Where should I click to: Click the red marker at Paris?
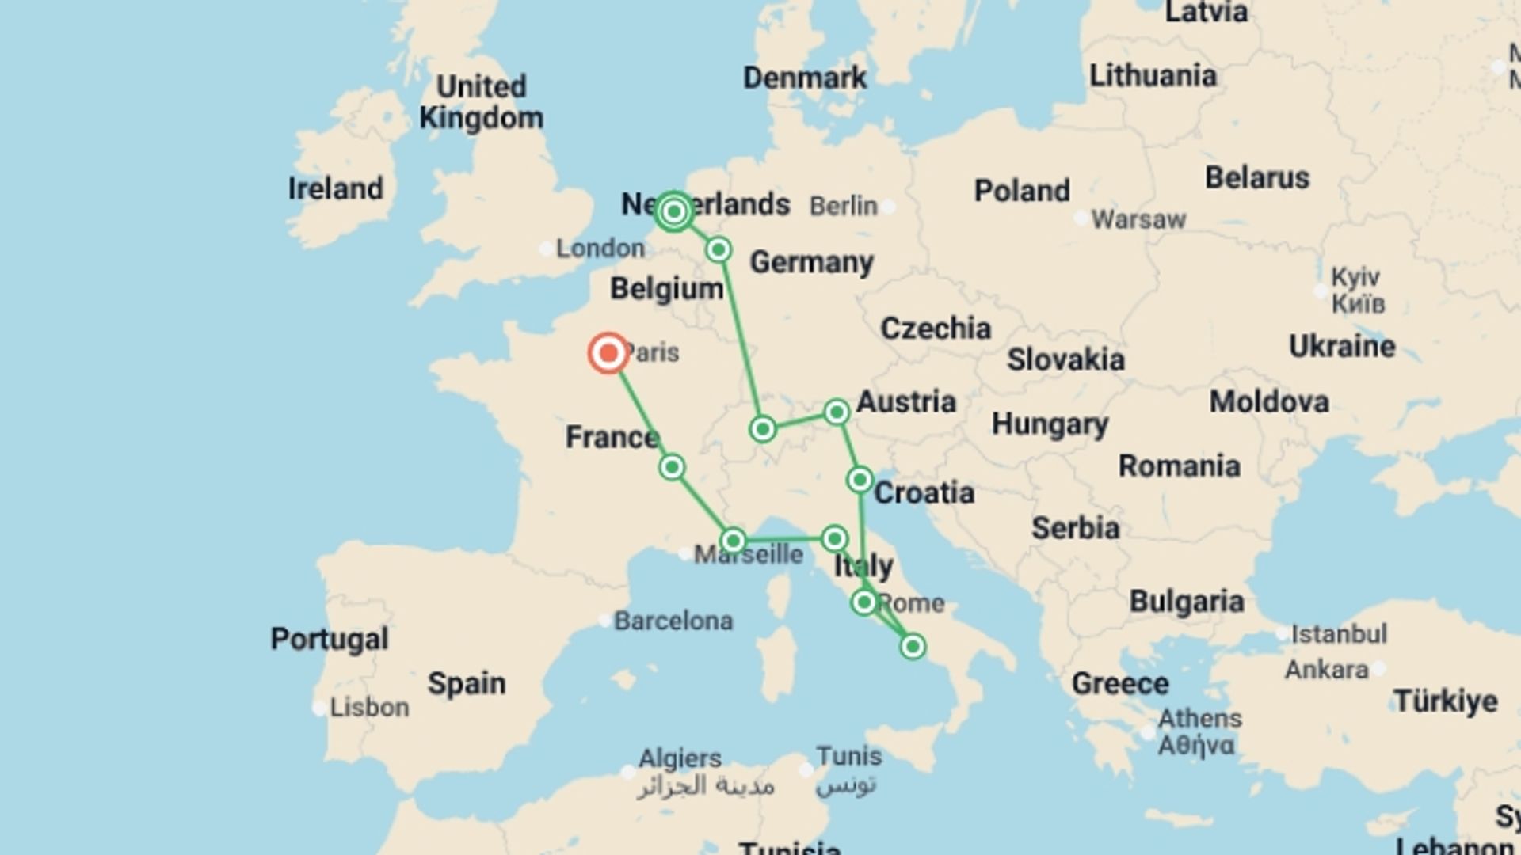point(608,353)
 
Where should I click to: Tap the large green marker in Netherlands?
point(674,211)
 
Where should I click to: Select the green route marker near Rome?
point(864,603)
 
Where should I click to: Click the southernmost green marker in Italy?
point(913,647)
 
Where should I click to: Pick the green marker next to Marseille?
point(733,541)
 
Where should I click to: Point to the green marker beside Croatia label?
point(860,480)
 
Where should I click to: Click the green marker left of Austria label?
point(837,412)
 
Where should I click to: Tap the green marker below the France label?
point(672,467)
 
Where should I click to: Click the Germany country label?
point(811,262)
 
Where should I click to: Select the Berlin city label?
point(843,207)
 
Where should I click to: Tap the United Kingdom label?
point(481,102)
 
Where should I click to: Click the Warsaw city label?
point(1138,219)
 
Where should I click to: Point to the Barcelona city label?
point(673,621)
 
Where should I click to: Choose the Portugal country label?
point(330,639)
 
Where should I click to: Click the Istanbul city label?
point(1339,634)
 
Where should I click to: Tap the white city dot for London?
point(546,249)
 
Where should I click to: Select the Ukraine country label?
point(1342,347)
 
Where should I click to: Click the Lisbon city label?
point(369,707)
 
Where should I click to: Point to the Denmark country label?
point(805,78)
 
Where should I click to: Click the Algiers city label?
point(680,758)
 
